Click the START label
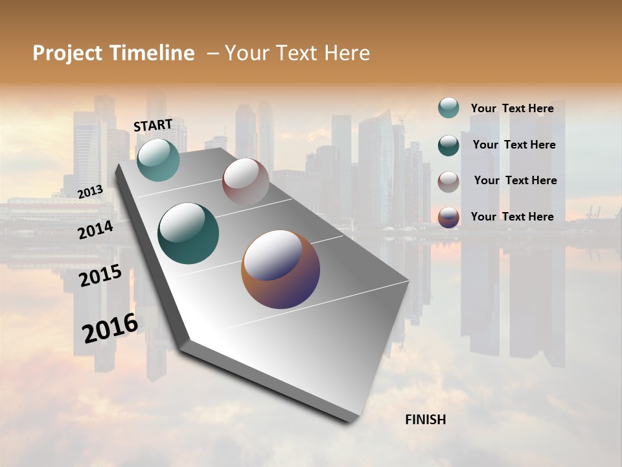153,125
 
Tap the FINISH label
425,420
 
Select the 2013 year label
90,192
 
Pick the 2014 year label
95,230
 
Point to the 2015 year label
100,276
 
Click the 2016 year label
110,328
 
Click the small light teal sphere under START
158,160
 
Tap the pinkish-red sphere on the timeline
246,182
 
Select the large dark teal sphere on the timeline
188,233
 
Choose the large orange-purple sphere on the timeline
280,269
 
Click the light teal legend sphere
448,108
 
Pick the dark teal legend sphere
448,145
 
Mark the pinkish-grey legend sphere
448,181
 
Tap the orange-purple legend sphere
448,217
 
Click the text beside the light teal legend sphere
512,108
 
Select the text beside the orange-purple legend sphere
512,217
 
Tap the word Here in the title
344,53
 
